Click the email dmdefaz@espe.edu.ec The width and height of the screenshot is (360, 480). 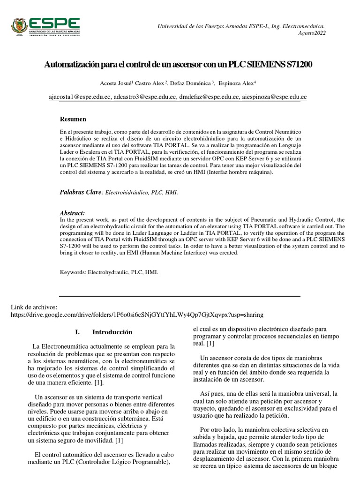(209, 97)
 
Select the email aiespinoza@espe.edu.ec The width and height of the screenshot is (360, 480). (274, 97)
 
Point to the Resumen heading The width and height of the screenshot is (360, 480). (74, 119)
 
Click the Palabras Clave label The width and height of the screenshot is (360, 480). (80, 192)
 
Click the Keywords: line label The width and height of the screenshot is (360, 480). (73, 271)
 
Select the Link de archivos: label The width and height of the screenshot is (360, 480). (33, 307)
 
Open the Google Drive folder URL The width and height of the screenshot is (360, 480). (137, 314)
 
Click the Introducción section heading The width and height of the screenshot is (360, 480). (112, 332)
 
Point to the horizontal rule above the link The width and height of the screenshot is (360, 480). (179, 296)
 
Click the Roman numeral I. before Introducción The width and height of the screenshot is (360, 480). (78, 332)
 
